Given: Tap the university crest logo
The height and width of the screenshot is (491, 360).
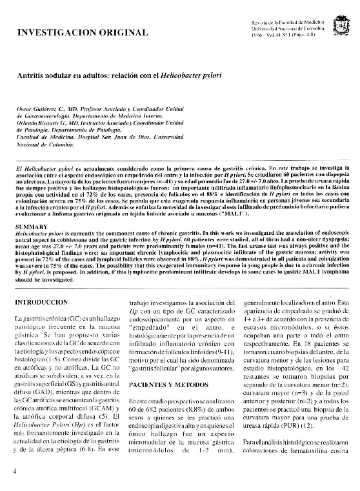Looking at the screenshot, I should [339, 28].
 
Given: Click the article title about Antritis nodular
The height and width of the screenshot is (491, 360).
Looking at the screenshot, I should [119, 76].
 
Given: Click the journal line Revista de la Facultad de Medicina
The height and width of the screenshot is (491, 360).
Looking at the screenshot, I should [289, 23].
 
